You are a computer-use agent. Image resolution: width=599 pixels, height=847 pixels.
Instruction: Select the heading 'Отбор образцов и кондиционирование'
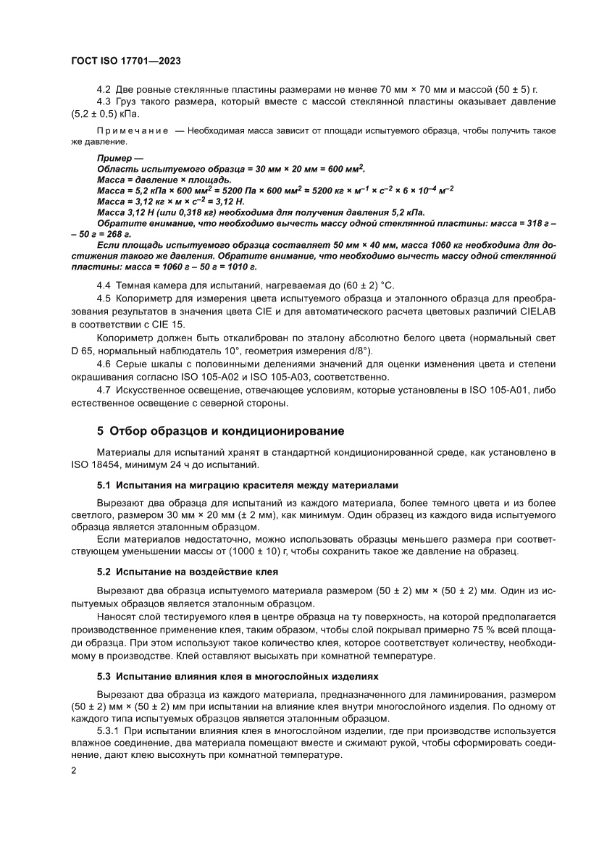coord(220,431)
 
